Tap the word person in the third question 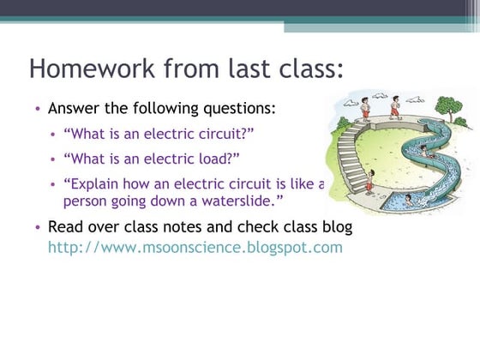click(x=87, y=201)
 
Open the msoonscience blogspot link click(x=195, y=248)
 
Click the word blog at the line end click(x=335, y=227)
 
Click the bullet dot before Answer click(x=38, y=110)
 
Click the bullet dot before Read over click(x=38, y=228)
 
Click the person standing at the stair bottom click(x=370, y=183)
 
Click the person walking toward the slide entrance click(x=395, y=106)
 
